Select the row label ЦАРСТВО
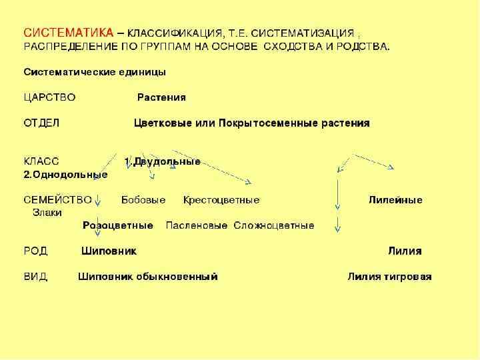click(49, 97)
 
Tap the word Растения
click(161, 97)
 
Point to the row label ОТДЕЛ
click(42, 123)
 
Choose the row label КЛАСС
click(41, 161)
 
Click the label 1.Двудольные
click(163, 161)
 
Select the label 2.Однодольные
click(65, 175)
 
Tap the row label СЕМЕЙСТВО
click(57, 200)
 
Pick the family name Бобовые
click(143, 200)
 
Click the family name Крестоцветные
click(221, 200)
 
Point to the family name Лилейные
click(395, 200)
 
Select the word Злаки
click(47, 213)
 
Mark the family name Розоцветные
click(118, 226)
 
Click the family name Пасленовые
click(197, 226)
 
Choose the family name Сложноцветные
click(274, 226)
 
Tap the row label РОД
click(36, 251)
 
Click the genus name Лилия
click(405, 251)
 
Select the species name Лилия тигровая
click(389, 277)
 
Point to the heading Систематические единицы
click(95, 71)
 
